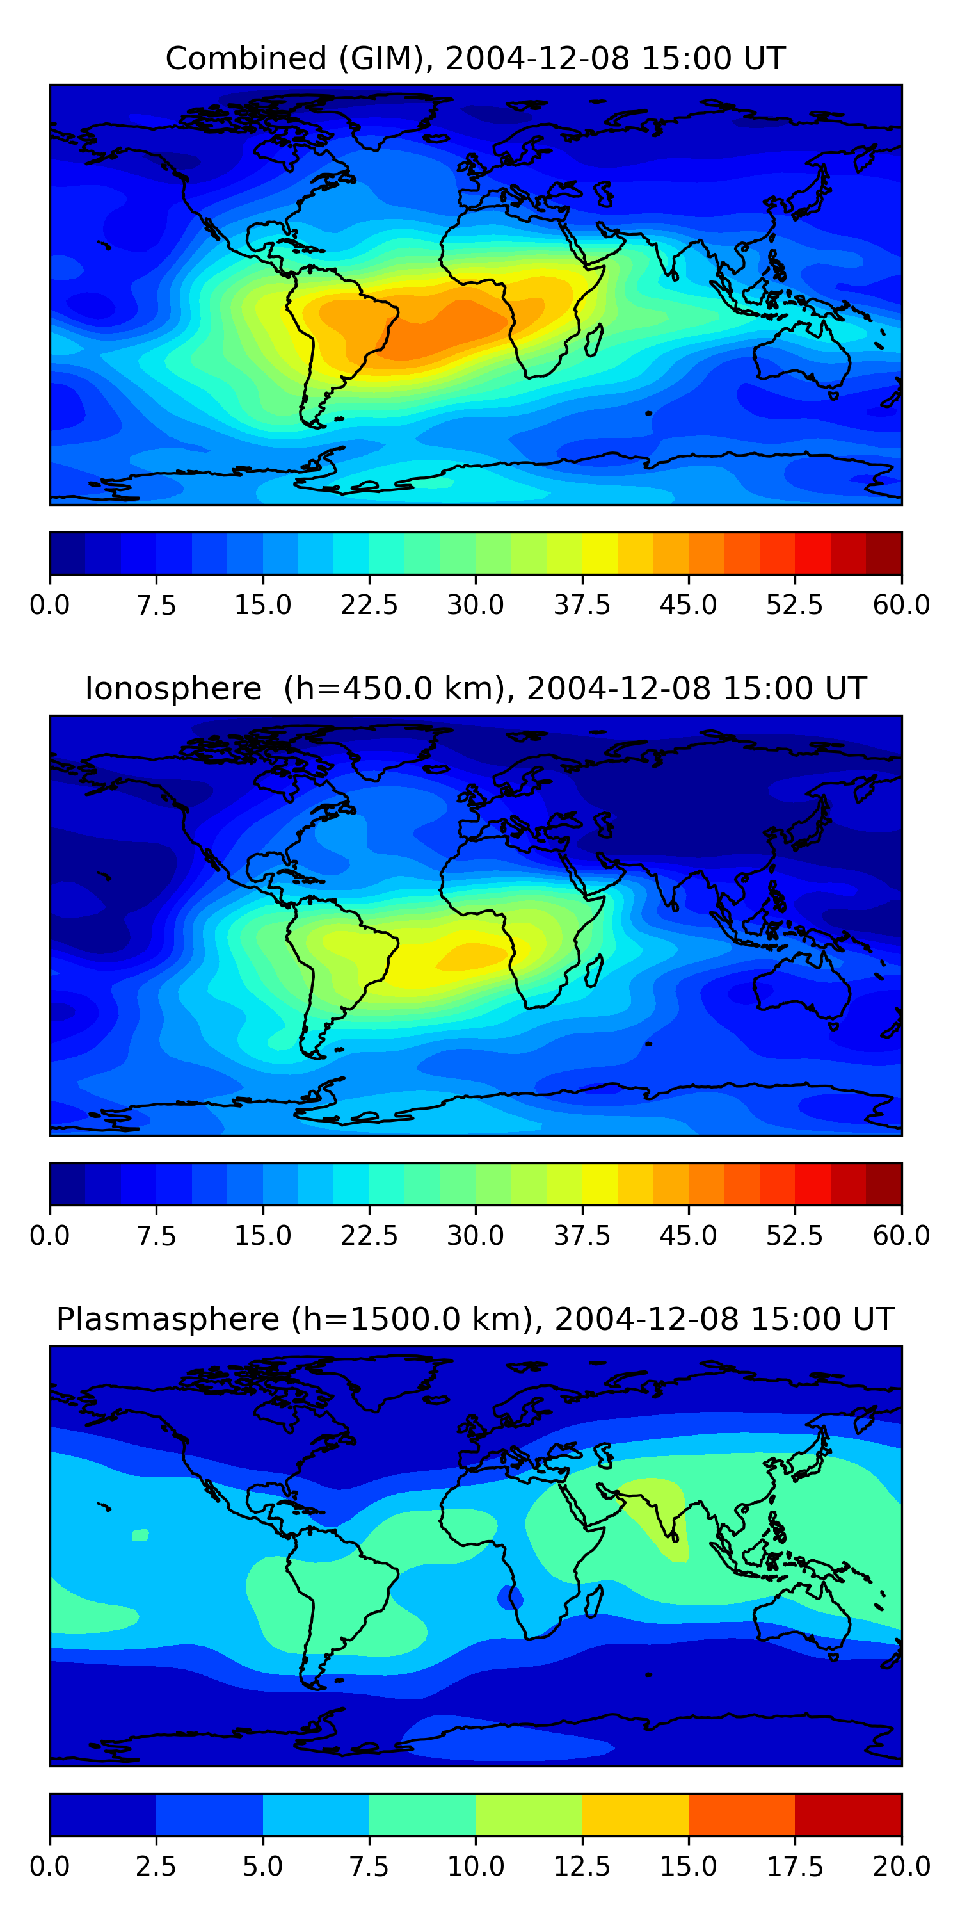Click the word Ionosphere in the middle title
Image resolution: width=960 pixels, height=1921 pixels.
click(173, 688)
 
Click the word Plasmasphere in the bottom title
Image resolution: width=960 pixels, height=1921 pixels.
click(168, 1319)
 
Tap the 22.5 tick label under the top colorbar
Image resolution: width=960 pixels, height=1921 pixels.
click(369, 604)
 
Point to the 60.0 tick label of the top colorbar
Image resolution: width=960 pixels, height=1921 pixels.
click(901, 604)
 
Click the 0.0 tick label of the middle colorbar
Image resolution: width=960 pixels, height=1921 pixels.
click(50, 1236)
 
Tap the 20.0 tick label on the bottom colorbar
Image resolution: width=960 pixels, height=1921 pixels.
click(901, 1867)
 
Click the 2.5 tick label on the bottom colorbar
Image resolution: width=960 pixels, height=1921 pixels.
click(156, 1867)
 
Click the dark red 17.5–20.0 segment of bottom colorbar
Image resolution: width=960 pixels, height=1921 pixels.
click(848, 1814)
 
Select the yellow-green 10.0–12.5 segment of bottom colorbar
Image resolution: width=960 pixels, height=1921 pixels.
click(529, 1814)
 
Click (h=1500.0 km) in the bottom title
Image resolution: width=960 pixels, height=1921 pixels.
click(412, 1319)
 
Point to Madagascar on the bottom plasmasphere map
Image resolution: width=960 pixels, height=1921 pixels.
click(594, 1601)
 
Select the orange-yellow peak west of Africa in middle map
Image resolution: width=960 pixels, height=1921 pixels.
click(471, 956)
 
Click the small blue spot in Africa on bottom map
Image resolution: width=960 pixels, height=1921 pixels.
click(510, 1596)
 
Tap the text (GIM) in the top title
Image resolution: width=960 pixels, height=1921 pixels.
click(385, 58)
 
